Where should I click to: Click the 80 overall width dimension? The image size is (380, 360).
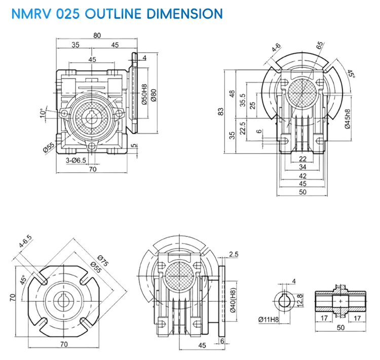(x=97, y=35)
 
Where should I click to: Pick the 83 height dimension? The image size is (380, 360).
(x=220, y=111)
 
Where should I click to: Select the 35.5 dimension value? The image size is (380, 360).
(x=243, y=100)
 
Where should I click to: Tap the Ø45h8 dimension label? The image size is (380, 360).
(x=347, y=120)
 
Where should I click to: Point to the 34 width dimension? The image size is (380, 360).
(x=302, y=167)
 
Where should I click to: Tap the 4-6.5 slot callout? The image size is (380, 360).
(x=25, y=242)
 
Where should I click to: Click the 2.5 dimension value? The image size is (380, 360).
(x=234, y=254)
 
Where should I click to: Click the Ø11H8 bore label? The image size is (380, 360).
(x=268, y=319)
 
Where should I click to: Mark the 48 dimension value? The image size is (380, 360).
(x=233, y=95)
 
